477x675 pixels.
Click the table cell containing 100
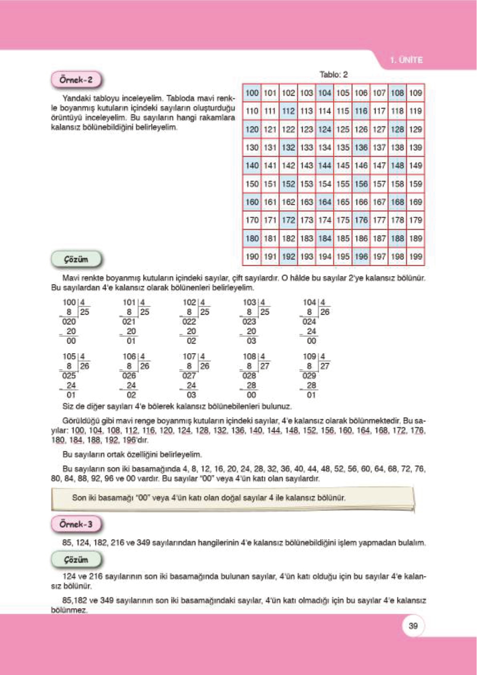point(252,93)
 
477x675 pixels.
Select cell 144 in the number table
point(324,166)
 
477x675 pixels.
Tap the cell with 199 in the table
point(415,257)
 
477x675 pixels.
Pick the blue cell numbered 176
point(361,220)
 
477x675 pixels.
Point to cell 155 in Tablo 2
point(343,184)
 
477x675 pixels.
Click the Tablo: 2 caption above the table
point(333,75)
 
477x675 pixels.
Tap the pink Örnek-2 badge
point(76,80)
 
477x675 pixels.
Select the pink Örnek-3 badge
point(76,524)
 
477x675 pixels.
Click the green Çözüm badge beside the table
point(76,259)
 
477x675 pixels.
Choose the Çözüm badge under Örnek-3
point(76,560)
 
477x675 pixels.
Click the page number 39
point(413,626)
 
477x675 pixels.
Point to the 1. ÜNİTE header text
point(406,60)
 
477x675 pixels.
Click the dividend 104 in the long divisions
point(309,302)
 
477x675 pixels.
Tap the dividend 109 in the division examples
point(309,356)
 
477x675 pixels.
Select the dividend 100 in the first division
point(69,302)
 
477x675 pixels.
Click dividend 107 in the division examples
point(189,356)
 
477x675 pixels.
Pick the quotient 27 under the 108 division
point(264,366)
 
